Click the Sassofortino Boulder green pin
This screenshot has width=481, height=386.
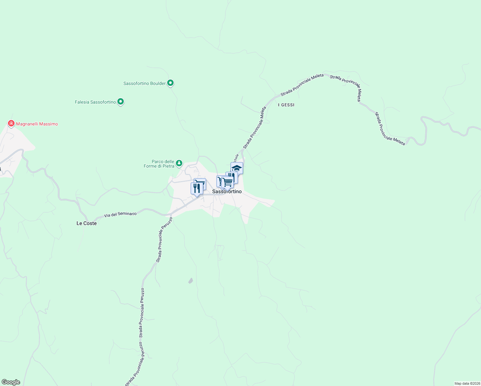(x=171, y=83)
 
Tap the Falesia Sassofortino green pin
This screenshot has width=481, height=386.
(x=121, y=102)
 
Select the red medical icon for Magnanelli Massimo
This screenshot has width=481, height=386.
(x=11, y=124)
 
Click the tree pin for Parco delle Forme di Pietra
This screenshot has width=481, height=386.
(x=179, y=164)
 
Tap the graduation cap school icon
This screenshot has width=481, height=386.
(x=237, y=168)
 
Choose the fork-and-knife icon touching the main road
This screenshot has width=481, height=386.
(x=196, y=188)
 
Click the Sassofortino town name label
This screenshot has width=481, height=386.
(x=227, y=192)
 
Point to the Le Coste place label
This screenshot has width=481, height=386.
(x=86, y=223)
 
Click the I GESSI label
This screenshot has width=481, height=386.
(x=286, y=105)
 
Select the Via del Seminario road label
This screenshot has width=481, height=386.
(x=120, y=214)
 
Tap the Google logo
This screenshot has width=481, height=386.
(x=11, y=382)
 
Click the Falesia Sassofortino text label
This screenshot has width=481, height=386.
(x=95, y=102)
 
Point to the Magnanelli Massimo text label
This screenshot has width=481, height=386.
(x=37, y=124)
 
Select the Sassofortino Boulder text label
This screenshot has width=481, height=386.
(x=144, y=83)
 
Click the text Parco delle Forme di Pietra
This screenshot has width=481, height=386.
(x=159, y=164)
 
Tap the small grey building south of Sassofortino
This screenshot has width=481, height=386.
(x=190, y=281)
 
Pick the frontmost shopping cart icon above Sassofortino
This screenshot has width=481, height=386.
(x=228, y=182)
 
